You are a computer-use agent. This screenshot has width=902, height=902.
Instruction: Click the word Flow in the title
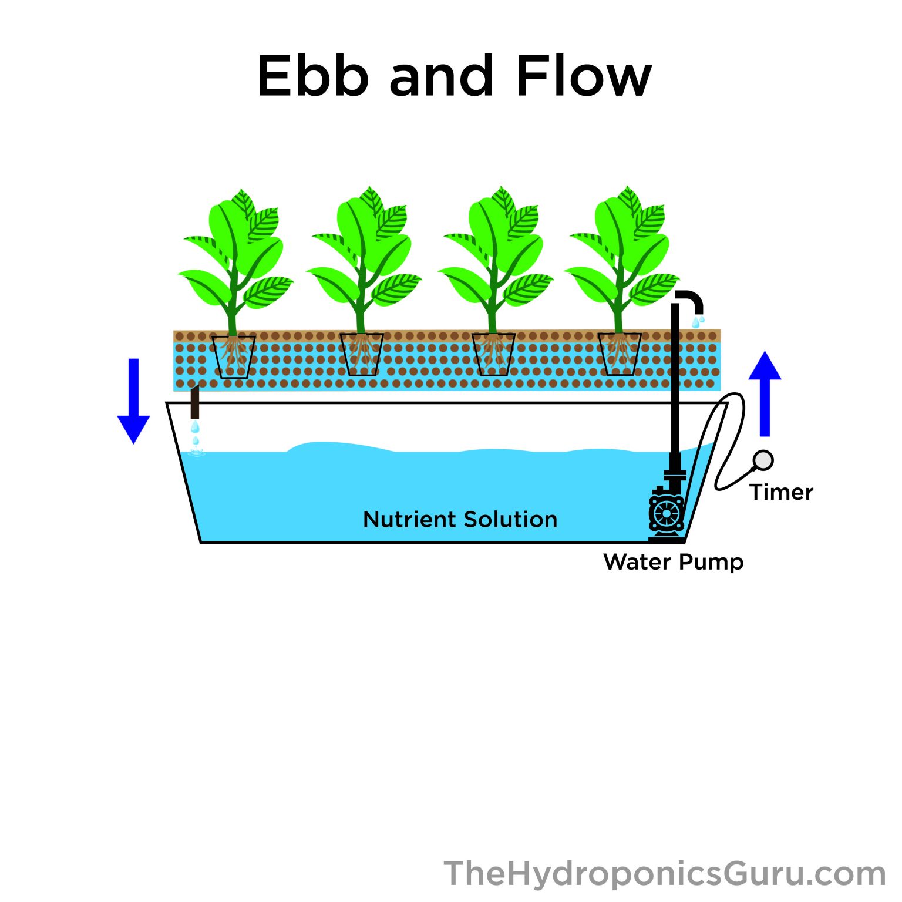click(584, 76)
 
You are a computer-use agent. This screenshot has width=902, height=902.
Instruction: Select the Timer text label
click(781, 493)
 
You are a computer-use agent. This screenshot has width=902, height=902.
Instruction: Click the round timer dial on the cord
click(763, 460)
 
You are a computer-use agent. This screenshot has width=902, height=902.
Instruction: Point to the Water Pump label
click(673, 562)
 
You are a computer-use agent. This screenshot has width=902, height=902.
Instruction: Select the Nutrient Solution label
click(460, 520)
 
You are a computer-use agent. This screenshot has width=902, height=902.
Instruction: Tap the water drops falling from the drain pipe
click(196, 435)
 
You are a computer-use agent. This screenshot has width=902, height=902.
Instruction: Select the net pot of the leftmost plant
click(234, 356)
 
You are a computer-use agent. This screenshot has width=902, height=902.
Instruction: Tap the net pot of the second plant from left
click(362, 355)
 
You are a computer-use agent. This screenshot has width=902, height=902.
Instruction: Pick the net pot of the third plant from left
click(493, 355)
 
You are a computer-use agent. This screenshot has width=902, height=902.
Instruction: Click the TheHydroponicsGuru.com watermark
click(664, 874)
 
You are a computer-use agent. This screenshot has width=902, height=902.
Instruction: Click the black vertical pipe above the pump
click(675, 382)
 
